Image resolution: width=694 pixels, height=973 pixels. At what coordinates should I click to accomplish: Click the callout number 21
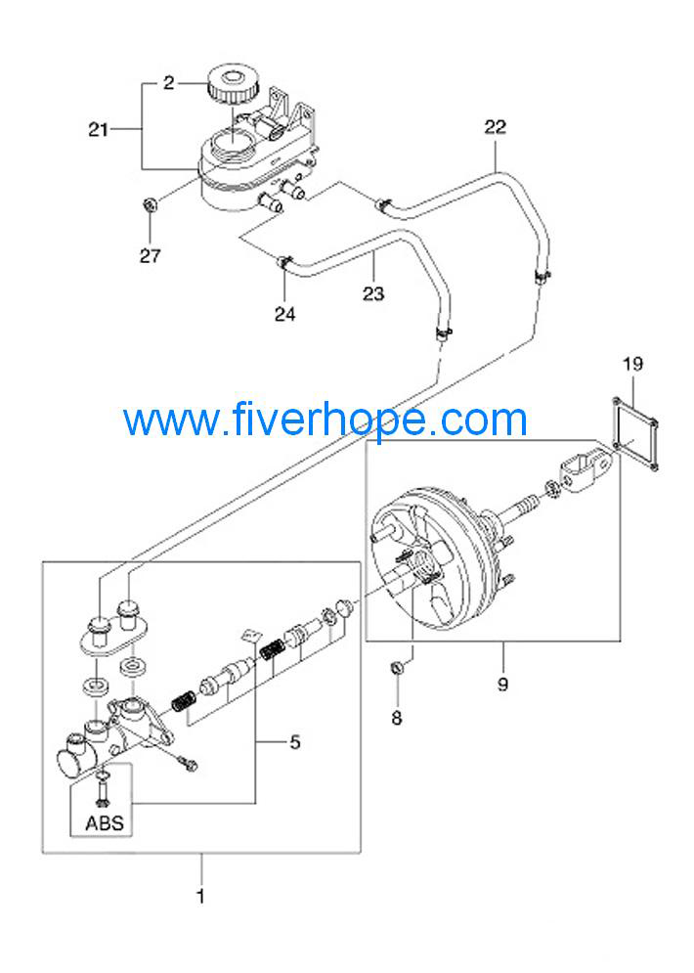point(99,130)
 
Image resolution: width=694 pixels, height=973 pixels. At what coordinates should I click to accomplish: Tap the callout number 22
point(495,127)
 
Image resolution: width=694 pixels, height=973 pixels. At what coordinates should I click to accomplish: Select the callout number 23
point(373,293)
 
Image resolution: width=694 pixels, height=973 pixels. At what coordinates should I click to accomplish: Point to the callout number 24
point(284,314)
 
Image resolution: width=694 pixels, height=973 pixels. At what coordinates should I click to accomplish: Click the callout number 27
point(151,255)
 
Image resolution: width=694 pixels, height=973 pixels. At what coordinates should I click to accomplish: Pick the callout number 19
point(632,364)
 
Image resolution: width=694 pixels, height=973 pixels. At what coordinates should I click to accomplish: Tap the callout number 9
point(502,684)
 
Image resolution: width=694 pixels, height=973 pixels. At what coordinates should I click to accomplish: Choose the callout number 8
point(397,718)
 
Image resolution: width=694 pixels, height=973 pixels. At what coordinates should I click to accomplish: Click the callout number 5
point(295,741)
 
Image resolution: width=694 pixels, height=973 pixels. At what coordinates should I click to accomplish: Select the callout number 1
point(200,897)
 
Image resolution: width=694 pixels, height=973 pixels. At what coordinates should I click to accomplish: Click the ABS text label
point(105,823)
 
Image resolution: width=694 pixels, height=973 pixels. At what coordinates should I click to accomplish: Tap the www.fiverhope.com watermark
point(325,420)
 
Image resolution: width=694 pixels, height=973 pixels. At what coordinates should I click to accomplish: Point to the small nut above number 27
point(150,204)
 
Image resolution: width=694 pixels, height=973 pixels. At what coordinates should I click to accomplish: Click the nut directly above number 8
point(398,668)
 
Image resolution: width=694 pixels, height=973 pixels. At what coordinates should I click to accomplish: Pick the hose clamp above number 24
point(283,262)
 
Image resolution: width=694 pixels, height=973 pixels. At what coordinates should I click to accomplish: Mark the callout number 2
point(169,82)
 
